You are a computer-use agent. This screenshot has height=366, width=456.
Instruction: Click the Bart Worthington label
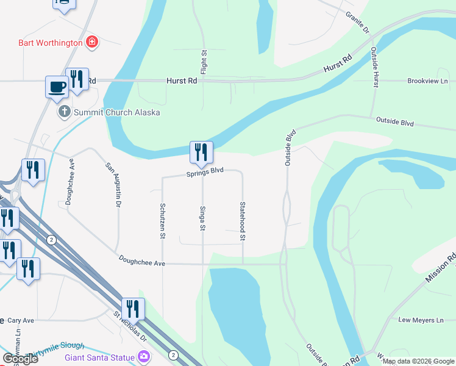point(50,43)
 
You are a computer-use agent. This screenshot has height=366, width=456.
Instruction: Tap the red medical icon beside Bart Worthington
point(92,42)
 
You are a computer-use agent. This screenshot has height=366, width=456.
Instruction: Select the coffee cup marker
point(57,87)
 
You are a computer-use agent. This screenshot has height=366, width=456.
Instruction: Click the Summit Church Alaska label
point(116,112)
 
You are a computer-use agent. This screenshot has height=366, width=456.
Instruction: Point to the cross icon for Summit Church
point(64,112)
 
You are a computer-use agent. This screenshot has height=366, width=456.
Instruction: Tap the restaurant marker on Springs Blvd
point(201,153)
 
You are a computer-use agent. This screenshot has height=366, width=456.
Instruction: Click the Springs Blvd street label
point(205,173)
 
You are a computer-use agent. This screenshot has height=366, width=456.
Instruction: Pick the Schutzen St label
point(163,220)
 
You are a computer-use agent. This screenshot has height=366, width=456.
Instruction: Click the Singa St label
point(202,218)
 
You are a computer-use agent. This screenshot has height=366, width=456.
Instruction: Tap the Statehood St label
point(243,220)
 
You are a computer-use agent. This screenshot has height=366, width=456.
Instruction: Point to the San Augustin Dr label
point(112,182)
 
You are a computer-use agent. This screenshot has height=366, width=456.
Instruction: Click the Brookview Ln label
point(427,81)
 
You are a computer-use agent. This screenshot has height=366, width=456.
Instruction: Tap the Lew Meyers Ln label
point(421,320)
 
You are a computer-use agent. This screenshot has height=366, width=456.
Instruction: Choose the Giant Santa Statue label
point(101,356)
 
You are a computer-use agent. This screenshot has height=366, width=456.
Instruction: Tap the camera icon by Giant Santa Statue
point(144,356)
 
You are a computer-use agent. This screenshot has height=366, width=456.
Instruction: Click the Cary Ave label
point(20,320)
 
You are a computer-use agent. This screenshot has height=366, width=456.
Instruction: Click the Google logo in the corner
point(20,359)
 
